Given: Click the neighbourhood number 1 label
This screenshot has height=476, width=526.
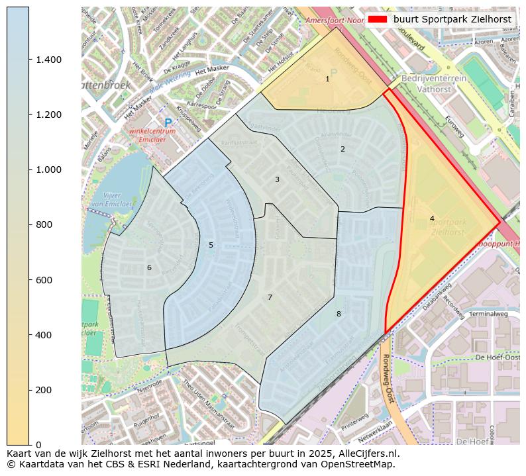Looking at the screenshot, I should click(x=327, y=79).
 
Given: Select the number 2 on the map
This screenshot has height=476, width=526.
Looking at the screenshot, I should click(x=342, y=149).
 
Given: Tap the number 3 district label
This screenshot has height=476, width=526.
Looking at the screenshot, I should click(x=277, y=179).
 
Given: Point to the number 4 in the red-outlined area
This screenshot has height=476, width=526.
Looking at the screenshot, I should click(x=432, y=218).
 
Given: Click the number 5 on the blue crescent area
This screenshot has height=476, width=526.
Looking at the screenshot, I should click(x=211, y=245).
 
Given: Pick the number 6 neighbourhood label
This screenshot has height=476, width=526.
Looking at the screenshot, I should click(x=149, y=267).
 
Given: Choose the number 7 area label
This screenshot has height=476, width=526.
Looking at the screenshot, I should click(x=270, y=297).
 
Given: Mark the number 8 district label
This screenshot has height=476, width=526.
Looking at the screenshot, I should click(x=339, y=314).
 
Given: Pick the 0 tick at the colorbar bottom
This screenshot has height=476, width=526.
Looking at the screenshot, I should click(x=38, y=444).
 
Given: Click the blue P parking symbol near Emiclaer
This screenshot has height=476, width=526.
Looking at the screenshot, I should click(x=168, y=123).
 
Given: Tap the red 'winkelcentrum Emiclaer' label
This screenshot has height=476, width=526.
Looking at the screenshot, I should click(x=153, y=135).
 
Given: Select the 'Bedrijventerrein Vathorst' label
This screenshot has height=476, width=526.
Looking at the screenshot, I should click(x=434, y=83).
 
